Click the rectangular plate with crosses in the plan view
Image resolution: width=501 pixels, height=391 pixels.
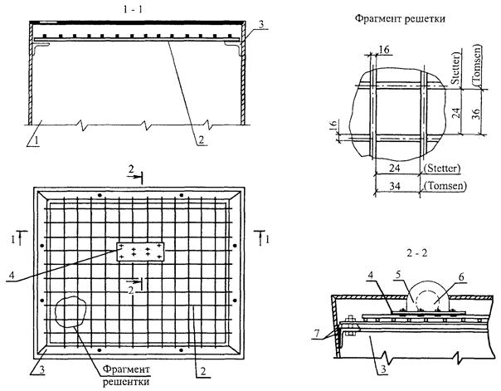pyautogui.click(x=141, y=252)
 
